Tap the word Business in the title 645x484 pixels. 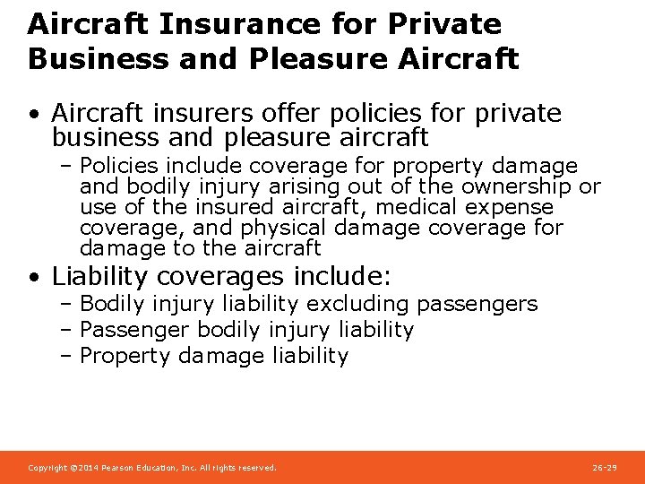coord(82,58)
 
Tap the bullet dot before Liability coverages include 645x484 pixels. coord(32,276)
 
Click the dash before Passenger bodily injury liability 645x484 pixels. coord(67,331)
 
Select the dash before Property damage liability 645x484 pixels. coord(67,356)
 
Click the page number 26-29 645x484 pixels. coord(605,468)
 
